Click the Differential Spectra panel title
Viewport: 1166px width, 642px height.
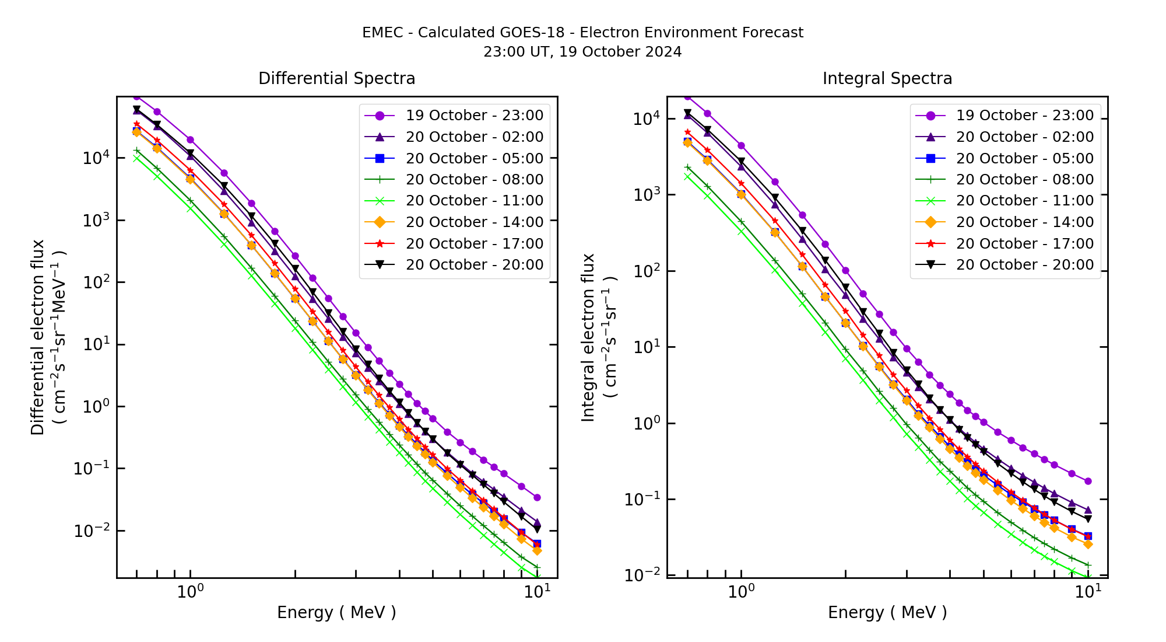pyautogui.click(x=336, y=78)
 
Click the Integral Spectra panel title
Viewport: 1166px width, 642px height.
pyautogui.click(x=887, y=78)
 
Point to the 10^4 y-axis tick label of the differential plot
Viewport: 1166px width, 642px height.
pyautogui.click(x=96, y=158)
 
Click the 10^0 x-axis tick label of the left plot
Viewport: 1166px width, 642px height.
pyautogui.click(x=190, y=592)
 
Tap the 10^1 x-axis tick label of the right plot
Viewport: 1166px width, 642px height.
pyautogui.click(x=1088, y=592)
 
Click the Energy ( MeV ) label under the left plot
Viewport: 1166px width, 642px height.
pyautogui.click(x=336, y=612)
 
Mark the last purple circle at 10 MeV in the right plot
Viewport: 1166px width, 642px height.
pyautogui.click(x=1087, y=481)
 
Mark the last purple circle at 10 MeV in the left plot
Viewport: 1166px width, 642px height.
pyautogui.click(x=537, y=498)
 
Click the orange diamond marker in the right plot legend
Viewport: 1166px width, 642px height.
pyautogui.click(x=930, y=222)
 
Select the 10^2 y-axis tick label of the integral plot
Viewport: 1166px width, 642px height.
pyautogui.click(x=646, y=271)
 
